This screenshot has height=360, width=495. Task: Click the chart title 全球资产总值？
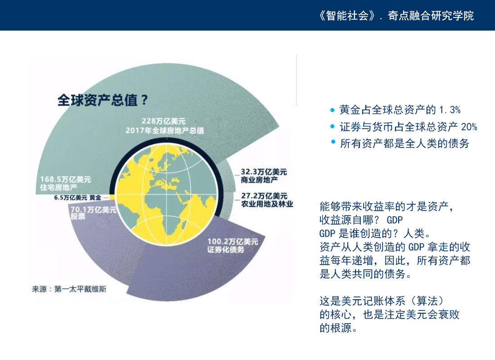click(x=103, y=100)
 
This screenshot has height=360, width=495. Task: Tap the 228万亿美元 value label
click(x=163, y=121)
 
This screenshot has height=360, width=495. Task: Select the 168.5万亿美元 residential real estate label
click(x=65, y=184)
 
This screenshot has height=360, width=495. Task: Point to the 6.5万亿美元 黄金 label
click(x=78, y=198)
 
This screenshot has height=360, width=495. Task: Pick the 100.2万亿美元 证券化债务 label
click(x=233, y=246)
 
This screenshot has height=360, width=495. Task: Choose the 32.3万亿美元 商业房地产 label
click(x=264, y=176)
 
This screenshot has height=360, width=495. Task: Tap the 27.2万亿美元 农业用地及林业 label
click(x=267, y=200)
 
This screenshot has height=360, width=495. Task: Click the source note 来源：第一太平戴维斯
click(x=69, y=289)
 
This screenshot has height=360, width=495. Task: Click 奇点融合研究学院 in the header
click(x=431, y=15)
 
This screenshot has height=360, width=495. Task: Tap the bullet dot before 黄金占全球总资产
click(x=332, y=110)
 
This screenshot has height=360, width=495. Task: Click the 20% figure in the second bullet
click(x=469, y=127)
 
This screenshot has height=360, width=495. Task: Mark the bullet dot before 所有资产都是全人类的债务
click(x=333, y=142)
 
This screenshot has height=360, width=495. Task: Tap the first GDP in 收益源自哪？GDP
click(x=395, y=220)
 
